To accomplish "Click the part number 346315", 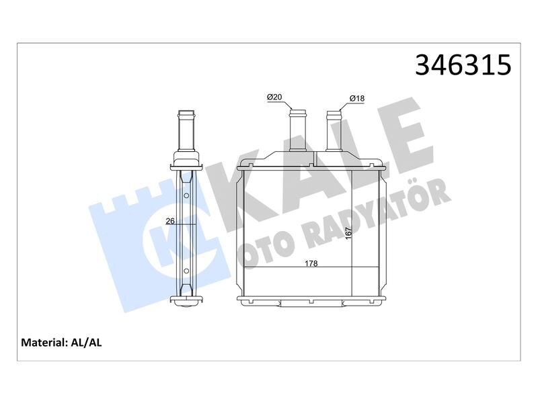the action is coord(463,64).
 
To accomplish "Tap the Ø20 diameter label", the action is coord(274,97).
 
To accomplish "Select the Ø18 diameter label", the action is coord(357,99).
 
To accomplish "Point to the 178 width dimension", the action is coord(311,263).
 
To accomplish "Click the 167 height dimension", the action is coord(348,233).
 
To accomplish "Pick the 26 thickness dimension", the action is coord(170,222).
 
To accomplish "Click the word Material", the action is coord(43,343).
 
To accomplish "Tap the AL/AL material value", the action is coord(86,343).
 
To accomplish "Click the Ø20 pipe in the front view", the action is coord(297,130).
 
